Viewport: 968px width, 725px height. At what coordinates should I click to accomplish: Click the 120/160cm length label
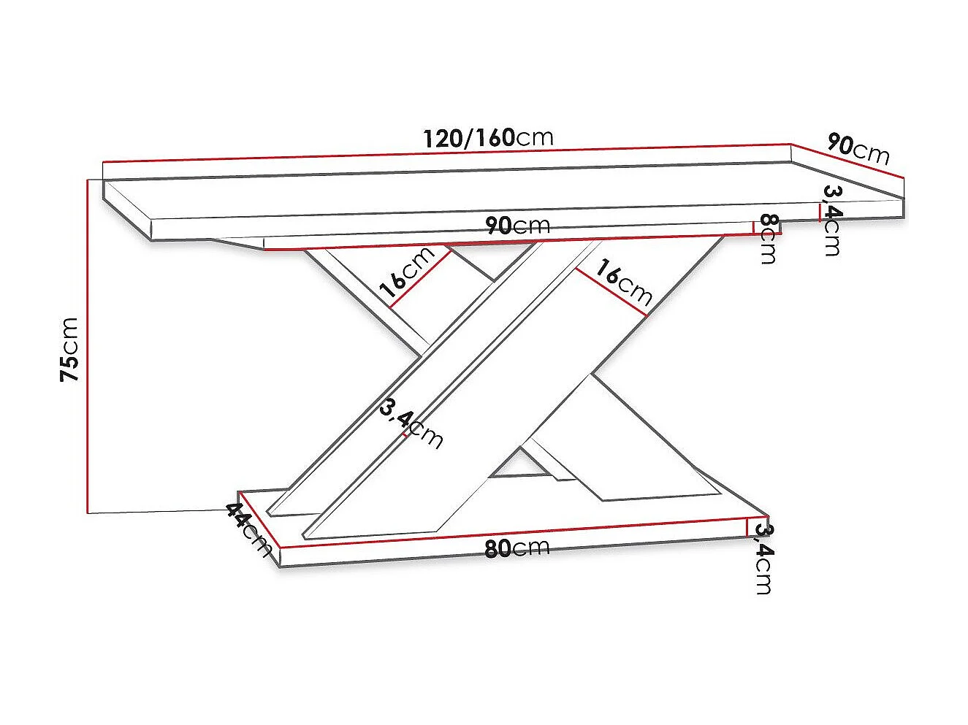(488, 138)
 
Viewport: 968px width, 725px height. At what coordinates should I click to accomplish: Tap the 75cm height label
(69, 349)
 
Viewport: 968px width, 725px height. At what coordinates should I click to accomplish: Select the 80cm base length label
(517, 548)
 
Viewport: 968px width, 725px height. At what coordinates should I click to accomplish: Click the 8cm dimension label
(768, 238)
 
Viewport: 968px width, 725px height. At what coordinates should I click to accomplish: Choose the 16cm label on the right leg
(622, 282)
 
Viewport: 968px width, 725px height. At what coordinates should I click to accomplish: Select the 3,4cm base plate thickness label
(763, 559)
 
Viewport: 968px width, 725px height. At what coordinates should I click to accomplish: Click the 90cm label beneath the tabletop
(518, 226)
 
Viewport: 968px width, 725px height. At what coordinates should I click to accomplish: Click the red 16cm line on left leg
(419, 280)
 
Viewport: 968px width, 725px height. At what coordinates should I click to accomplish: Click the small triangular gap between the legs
(519, 464)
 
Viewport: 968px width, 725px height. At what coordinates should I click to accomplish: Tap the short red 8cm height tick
(753, 227)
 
